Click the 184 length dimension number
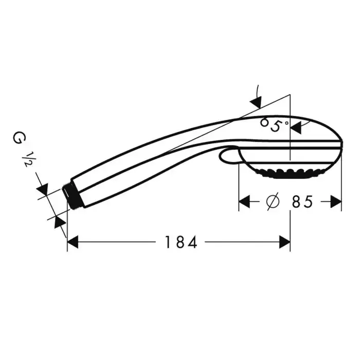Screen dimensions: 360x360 pos(181,242)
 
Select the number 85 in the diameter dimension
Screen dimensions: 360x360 pos(302,202)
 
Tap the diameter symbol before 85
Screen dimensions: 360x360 pos(273,202)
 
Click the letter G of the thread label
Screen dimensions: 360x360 pos(20,138)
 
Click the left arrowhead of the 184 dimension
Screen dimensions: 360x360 pos(73,242)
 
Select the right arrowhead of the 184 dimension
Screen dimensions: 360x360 pos(285,242)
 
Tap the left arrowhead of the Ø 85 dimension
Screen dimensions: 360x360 pos(244,202)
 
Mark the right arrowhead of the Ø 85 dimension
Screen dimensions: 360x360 pos(336,202)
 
